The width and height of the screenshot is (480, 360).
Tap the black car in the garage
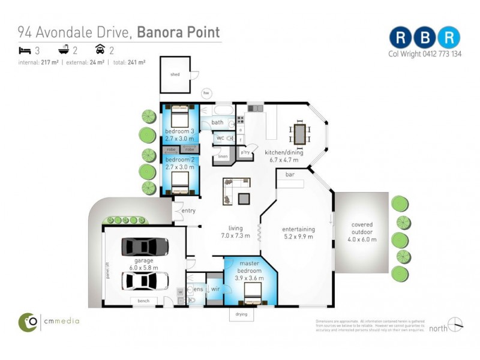[145, 247]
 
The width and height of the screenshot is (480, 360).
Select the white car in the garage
[145, 280]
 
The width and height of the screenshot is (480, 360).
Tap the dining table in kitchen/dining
[299, 133]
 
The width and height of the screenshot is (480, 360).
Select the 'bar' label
[290, 175]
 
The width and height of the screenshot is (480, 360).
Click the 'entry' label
[188, 211]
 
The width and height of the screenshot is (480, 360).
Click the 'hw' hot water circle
[206, 93]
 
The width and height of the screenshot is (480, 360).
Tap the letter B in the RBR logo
[424, 37]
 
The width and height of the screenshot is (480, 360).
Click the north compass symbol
[455, 325]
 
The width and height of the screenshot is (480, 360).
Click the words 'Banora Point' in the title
[178, 32]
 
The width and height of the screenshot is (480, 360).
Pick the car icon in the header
[100, 50]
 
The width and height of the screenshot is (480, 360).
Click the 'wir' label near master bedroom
[214, 289]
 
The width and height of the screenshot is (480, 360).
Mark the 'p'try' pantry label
[245, 153]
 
